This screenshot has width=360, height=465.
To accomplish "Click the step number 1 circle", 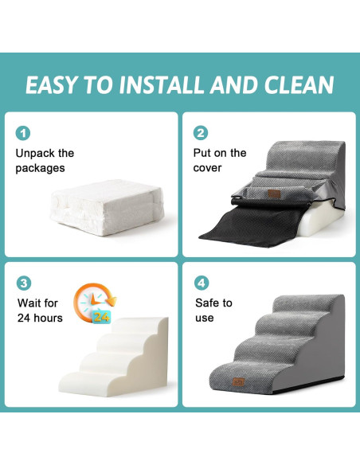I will [24, 133].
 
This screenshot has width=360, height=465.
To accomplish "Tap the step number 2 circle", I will [202, 133].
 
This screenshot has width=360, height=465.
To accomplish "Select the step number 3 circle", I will [24, 283].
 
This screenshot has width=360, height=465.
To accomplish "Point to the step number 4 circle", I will [202, 283].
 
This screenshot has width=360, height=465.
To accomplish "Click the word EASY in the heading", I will [53, 85].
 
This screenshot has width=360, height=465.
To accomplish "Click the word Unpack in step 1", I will [35, 153].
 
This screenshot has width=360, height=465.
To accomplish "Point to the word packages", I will [40, 168].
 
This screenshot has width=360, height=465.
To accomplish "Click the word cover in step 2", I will [207, 168].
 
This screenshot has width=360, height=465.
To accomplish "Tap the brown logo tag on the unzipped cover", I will [275, 193].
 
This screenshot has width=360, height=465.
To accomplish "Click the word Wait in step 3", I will [29, 303].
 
